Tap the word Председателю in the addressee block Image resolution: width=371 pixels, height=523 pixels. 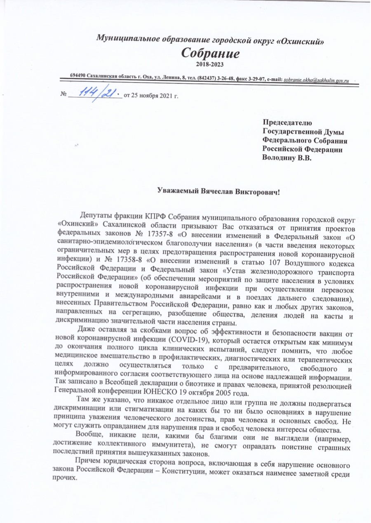[x=287, y=122]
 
